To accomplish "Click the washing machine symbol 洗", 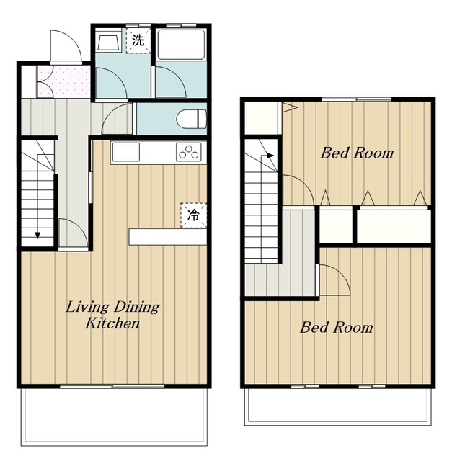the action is point(138,40).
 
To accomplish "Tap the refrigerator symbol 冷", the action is point(194,215).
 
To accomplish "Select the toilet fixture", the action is point(192,119).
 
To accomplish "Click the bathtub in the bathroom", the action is point(181,44).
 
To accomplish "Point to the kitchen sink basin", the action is point(125,152).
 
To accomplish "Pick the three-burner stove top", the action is point(189,152).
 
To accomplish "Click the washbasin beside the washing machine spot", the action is point(109,42).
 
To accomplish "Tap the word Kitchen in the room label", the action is point(112,323).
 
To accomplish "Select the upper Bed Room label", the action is point(357,153).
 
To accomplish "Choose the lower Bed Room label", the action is point(337,327).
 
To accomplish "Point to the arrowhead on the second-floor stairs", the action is point(271,156).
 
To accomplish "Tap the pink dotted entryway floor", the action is point(63,81).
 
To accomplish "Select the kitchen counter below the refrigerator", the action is point(168,237).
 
